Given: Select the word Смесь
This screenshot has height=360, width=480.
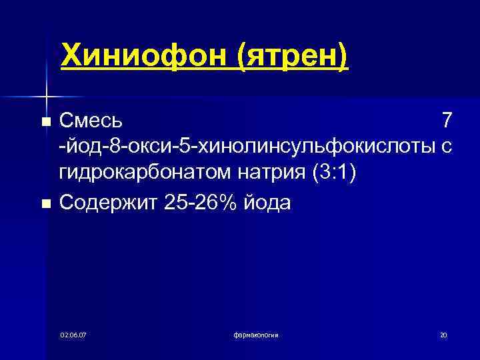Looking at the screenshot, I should click(x=91, y=121).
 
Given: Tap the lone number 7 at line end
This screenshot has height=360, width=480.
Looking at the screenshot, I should click(x=447, y=121).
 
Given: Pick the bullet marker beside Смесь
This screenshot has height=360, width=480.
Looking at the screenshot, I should click(x=45, y=122).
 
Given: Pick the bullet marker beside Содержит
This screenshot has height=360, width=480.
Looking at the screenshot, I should click(x=45, y=203).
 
